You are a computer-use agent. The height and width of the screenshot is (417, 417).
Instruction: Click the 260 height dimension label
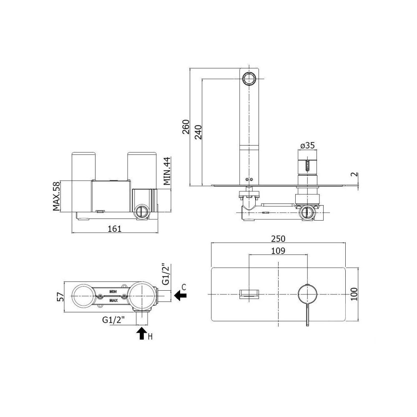click(186, 127)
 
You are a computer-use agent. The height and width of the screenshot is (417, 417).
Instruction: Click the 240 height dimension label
click(198, 132)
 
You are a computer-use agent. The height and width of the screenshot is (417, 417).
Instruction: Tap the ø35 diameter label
click(307, 146)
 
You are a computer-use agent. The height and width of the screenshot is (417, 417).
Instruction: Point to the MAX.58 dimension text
click(56, 196)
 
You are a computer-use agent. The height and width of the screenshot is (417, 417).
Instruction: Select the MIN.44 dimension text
click(167, 171)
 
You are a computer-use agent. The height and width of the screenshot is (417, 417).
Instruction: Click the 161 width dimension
click(115, 229)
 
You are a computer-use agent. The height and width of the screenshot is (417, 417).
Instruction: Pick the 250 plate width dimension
click(278, 239)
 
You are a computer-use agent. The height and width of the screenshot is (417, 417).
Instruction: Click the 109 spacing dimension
click(278, 251)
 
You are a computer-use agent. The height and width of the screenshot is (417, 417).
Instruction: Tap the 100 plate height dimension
click(354, 294)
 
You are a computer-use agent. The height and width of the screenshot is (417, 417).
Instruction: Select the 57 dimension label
click(60, 296)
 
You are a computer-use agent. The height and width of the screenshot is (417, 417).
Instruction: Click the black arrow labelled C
click(181, 295)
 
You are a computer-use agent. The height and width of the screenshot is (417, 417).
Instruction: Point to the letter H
click(150, 337)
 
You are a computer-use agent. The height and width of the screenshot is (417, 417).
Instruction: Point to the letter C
click(184, 287)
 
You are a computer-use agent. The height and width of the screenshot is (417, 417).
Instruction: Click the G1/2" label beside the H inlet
click(113, 320)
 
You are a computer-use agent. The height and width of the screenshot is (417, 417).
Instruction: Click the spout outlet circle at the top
click(249, 79)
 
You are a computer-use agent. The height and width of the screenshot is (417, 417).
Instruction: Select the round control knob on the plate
click(307, 294)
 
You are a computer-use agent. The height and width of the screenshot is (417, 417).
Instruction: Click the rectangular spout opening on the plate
click(249, 294)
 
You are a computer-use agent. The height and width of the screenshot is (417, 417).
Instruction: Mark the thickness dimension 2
click(355, 175)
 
